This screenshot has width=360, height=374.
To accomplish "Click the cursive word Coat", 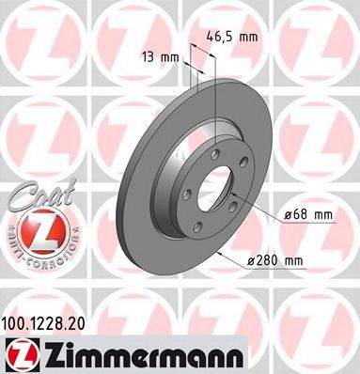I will [33, 194].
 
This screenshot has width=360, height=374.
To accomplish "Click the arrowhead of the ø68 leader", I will [234, 192].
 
